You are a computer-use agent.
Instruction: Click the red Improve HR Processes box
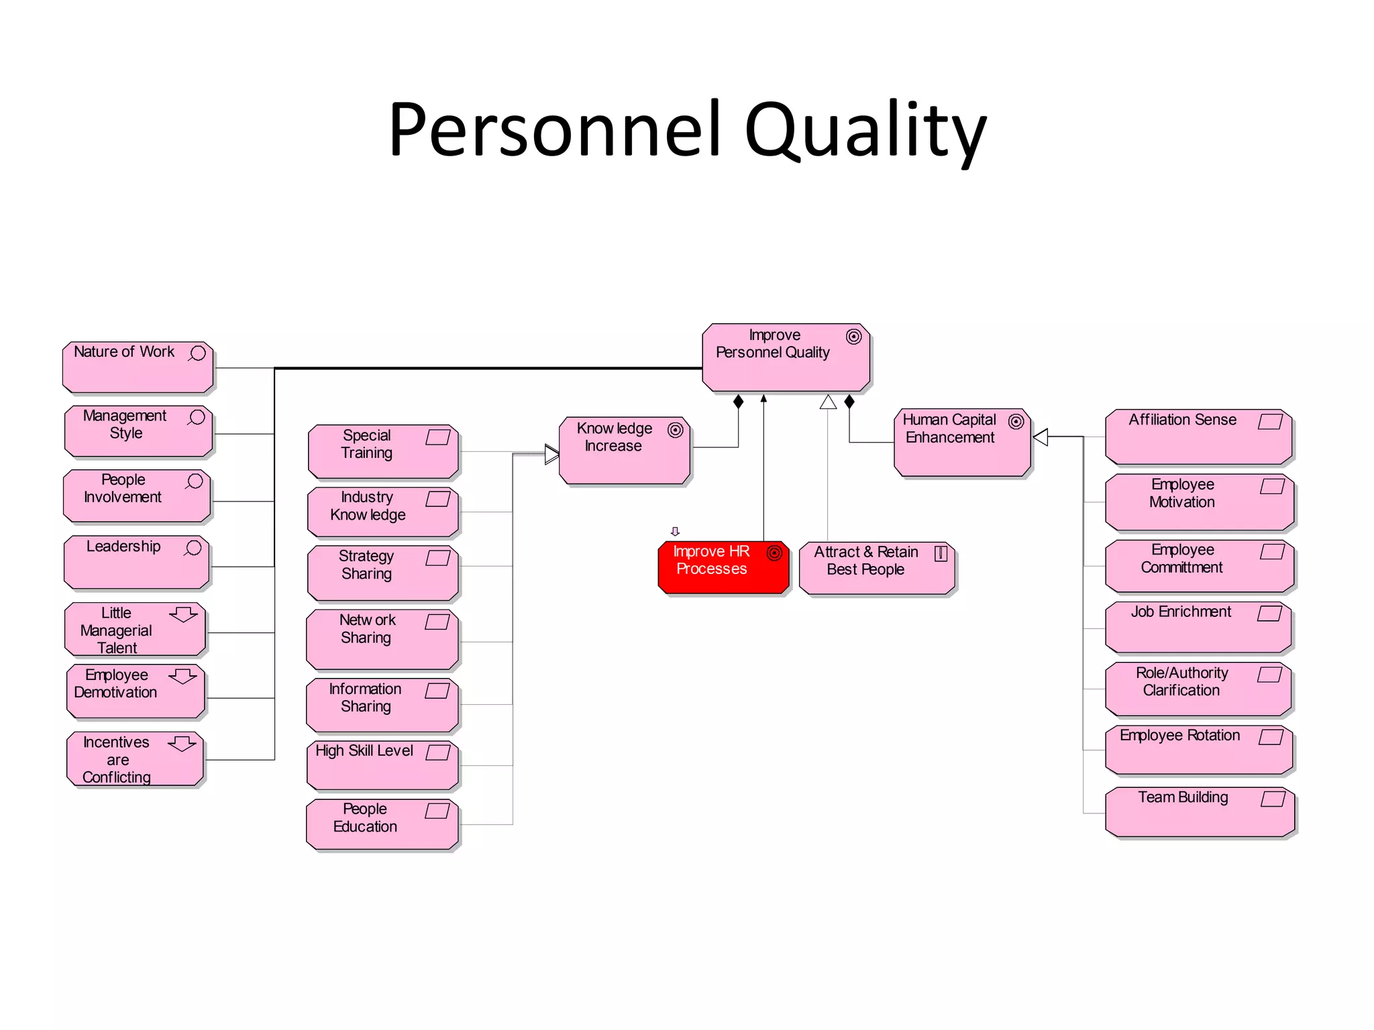coord(723,568)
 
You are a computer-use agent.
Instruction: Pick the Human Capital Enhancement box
coord(961,443)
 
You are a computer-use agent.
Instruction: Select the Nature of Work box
coord(138,367)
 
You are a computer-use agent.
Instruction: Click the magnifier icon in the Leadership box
coord(193,548)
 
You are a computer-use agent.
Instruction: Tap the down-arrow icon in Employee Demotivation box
coord(182,676)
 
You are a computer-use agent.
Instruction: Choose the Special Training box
coord(382,451)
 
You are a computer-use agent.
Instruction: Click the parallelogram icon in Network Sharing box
coord(437,622)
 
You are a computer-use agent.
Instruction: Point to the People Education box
coord(382,824)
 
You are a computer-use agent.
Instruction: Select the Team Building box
coord(1199,812)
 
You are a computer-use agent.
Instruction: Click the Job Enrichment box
coord(1198,628)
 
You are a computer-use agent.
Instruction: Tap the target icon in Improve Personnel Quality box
coord(853,337)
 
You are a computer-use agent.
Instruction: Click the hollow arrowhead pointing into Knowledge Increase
coord(551,454)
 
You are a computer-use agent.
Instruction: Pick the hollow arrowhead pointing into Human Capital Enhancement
coord(1041,437)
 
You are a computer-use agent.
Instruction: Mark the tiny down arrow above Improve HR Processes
coord(675,532)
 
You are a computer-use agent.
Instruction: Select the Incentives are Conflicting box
coord(135,759)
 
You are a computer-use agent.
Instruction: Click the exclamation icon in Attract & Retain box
coord(941,553)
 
